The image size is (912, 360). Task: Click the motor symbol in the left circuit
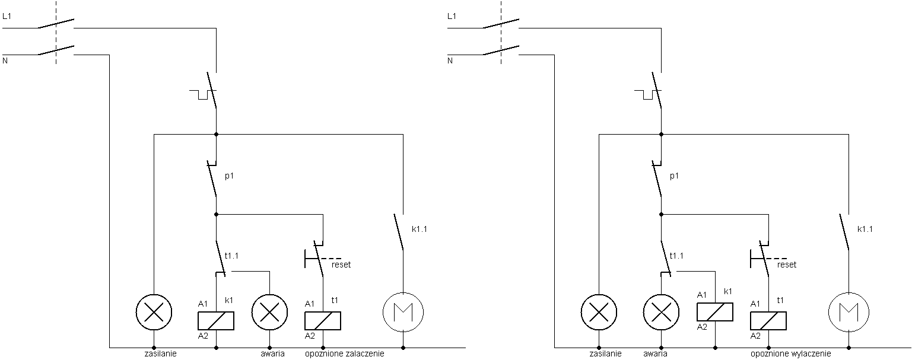tap(403, 313)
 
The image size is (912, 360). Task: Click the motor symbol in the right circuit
tap(849, 313)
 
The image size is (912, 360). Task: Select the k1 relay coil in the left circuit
tap(216, 321)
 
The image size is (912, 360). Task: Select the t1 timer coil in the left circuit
tap(323, 321)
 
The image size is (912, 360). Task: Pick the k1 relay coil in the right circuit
tap(715, 312)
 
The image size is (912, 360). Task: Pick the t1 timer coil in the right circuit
tap(768, 321)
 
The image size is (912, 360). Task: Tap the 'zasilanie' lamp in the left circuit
tap(154, 313)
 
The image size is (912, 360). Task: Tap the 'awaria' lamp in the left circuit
tap(269, 313)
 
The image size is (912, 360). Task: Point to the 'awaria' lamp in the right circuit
tap(661, 313)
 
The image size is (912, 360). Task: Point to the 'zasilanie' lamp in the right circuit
tap(599, 313)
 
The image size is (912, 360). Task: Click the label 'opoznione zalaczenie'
tap(344, 354)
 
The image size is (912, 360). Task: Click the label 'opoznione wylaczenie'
tap(791, 354)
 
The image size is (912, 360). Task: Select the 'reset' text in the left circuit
tap(341, 265)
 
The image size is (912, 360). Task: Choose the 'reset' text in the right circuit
tap(787, 265)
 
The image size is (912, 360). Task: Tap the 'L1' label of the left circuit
tap(7, 16)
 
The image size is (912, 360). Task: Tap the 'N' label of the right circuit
tap(450, 61)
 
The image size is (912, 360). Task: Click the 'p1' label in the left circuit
tap(229, 176)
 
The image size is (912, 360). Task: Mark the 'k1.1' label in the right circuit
tap(865, 229)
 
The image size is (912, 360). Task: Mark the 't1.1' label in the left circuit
tap(231, 256)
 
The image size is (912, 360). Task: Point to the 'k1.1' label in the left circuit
tap(420, 229)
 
